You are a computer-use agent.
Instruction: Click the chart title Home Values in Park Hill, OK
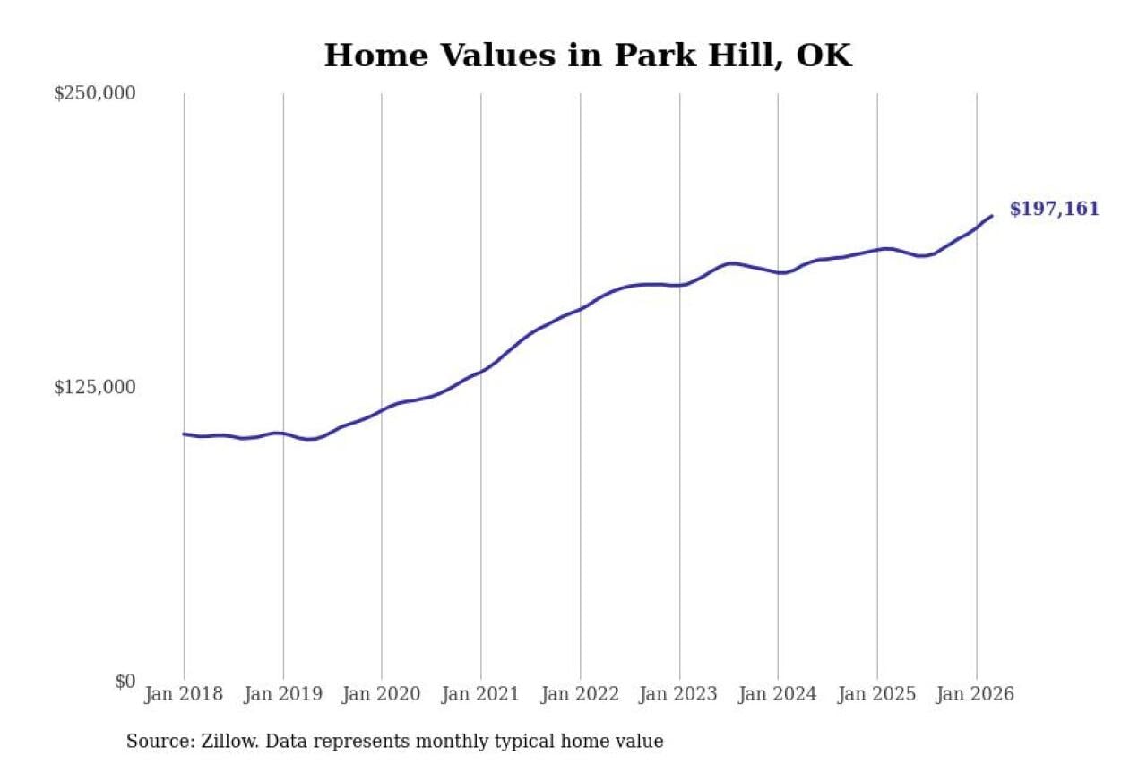pos(587,56)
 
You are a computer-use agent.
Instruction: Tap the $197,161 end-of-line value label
pos(1054,210)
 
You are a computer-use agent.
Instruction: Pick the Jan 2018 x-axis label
pos(184,695)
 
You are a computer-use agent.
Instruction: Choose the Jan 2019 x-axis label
pos(283,695)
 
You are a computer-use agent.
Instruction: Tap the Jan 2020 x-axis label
pos(382,695)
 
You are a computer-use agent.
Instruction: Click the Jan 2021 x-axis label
pos(481,695)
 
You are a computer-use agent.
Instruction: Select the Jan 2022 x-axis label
pos(580,695)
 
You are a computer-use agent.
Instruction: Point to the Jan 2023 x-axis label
pos(679,695)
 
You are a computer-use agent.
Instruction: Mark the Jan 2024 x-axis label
pos(778,695)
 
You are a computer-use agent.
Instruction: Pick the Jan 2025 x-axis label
pos(877,695)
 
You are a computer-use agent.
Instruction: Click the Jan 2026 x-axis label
pos(976,695)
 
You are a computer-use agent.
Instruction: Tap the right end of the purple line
pos(991,216)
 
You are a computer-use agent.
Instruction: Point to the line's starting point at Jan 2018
pos(184,434)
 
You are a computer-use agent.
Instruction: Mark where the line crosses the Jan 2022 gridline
pos(580,309)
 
